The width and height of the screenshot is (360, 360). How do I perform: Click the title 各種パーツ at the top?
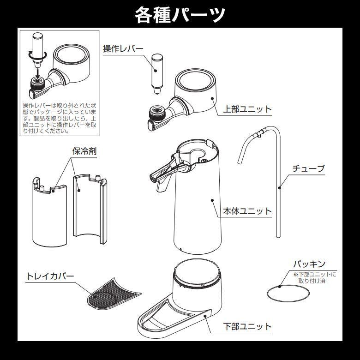(180, 14)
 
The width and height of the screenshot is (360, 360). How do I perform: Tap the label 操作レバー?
(123, 49)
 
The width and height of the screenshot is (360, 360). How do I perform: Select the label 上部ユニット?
(247, 109)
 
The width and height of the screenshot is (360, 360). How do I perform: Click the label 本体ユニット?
(247, 211)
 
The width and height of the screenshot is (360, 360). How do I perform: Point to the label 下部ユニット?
(247, 326)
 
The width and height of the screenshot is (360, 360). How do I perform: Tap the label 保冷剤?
(84, 151)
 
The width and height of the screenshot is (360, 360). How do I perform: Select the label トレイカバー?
(50, 276)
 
